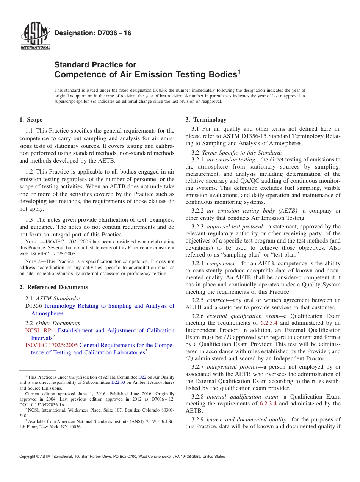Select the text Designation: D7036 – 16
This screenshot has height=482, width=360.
(93, 33)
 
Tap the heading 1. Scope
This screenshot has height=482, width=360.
(31, 120)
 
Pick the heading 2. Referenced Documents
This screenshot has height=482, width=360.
(53, 287)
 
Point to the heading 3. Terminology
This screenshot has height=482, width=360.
(206, 120)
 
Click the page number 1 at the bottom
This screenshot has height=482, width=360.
(180, 465)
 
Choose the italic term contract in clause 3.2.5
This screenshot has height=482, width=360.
(217, 300)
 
